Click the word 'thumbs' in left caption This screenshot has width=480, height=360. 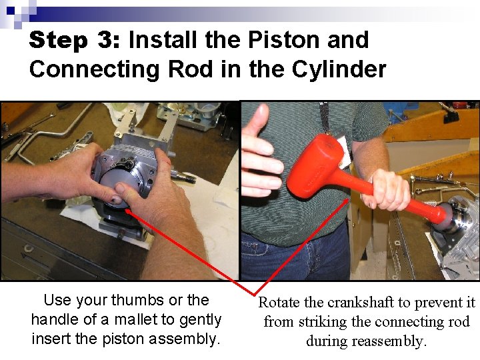tap(142, 301)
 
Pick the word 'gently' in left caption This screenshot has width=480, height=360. tap(199, 319)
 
